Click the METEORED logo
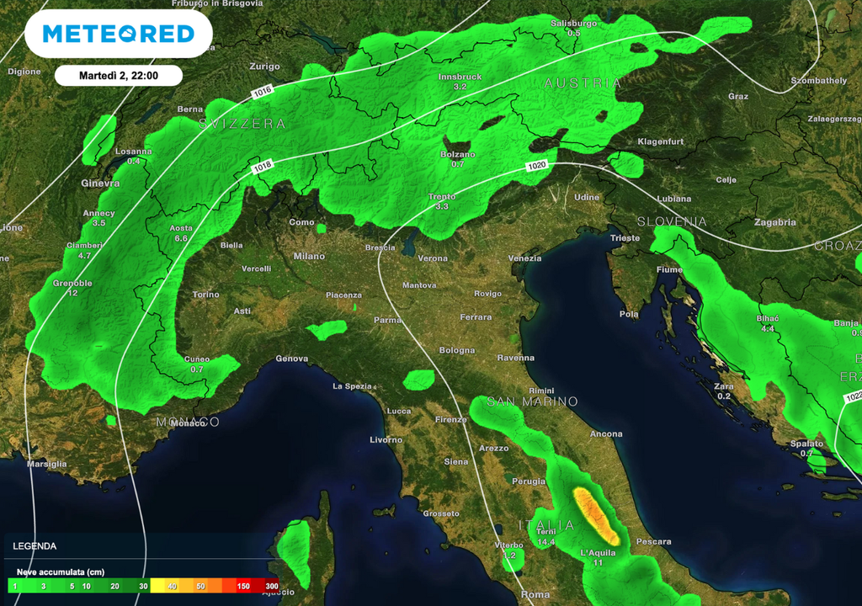(x=118, y=34)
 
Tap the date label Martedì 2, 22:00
(x=119, y=76)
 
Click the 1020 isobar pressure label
(x=537, y=167)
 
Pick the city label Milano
(x=309, y=256)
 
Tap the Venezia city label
(x=525, y=258)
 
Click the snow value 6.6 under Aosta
(x=181, y=239)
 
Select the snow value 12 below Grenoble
(x=72, y=293)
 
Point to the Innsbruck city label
(x=460, y=77)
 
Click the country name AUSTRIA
(x=583, y=83)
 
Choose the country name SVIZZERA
(x=242, y=124)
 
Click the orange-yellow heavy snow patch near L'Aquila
(x=594, y=513)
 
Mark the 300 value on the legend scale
(x=271, y=587)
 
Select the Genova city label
(x=292, y=359)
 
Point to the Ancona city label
(x=606, y=434)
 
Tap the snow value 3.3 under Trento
(x=442, y=206)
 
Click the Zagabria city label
(x=775, y=222)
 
